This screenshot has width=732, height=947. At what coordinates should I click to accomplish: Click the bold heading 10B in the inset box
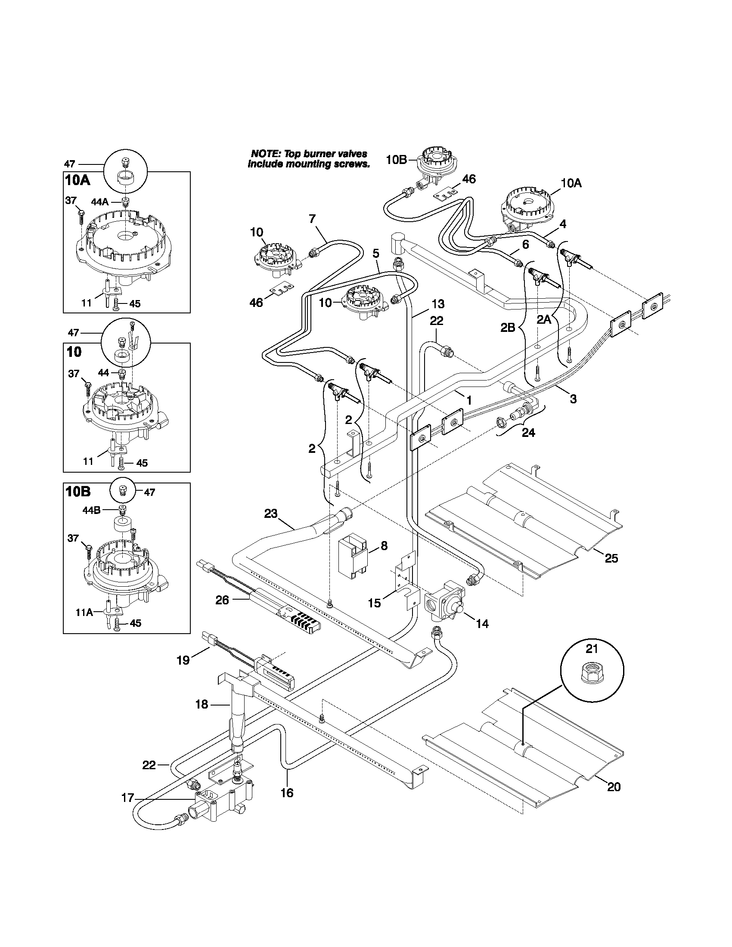pos(78,492)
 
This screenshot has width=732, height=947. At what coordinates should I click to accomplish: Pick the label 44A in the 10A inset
pos(100,201)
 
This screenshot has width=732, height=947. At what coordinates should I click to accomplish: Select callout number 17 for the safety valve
pos(128,798)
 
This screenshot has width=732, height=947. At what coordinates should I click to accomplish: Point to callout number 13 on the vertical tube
pos(438,303)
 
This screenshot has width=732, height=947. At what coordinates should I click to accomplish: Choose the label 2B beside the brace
pos(508,328)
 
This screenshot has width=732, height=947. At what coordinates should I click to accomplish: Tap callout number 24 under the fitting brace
pos(528,432)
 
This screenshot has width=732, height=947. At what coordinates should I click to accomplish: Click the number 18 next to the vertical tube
pos(202,705)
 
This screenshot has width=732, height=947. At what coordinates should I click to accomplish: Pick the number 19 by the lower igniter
pos(183,660)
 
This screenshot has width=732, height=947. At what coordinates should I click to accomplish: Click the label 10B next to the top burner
pos(396,160)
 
